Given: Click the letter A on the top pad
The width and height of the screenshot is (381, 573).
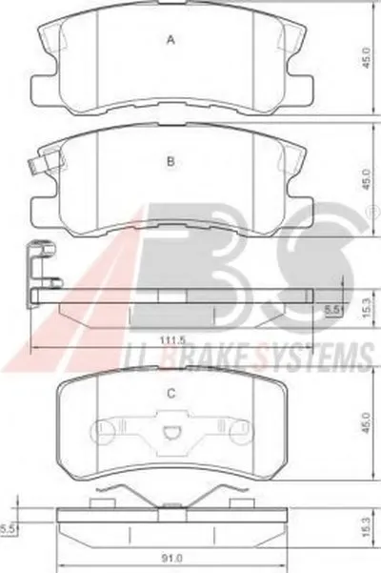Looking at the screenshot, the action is (170, 40).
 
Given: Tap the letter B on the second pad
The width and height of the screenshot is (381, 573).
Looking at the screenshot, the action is (170, 161).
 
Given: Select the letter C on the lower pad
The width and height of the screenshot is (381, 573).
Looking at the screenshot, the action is (170, 393).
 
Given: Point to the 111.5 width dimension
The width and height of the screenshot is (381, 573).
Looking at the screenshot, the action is (172, 339).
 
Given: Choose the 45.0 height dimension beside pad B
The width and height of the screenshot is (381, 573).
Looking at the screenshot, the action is (366, 179).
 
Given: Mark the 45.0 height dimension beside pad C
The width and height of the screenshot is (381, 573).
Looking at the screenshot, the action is (367, 423).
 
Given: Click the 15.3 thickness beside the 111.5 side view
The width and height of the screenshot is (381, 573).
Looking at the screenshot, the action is (367, 307).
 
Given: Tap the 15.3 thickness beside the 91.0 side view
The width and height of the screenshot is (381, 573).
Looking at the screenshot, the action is (367, 526).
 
